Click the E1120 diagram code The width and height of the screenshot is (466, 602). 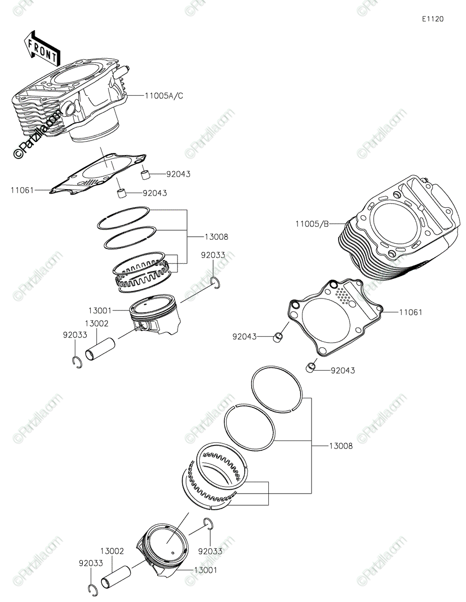click(432, 19)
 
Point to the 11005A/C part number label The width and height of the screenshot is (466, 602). click(164, 96)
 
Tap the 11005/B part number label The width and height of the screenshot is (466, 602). click(312, 224)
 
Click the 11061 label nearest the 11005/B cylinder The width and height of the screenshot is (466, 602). click(410, 312)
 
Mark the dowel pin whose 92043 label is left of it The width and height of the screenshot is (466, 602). click(278, 337)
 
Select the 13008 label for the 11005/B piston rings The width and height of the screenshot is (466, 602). click(341, 446)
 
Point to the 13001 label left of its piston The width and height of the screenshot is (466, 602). click(100, 311)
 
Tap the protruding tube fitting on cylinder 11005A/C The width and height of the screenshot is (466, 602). click(123, 71)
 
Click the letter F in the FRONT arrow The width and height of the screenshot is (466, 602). click(32, 44)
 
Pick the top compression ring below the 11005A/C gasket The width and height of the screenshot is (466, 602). click(123, 218)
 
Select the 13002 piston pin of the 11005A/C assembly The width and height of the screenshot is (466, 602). click(100, 349)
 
